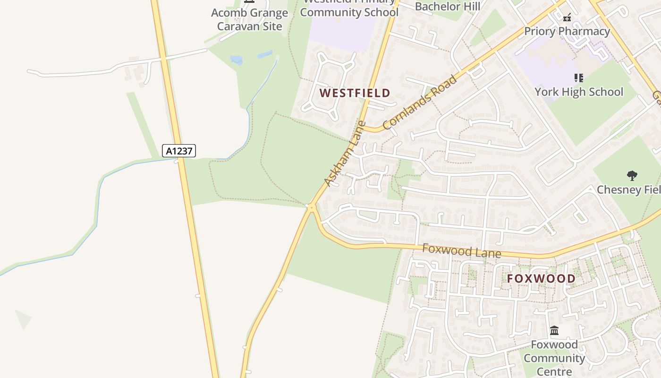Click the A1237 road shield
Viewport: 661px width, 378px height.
point(179,151)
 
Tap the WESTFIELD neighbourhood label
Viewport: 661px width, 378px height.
point(355,93)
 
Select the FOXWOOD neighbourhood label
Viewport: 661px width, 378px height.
point(541,279)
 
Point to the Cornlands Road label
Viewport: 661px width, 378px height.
point(420,103)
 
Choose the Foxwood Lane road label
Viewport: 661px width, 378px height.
point(461,250)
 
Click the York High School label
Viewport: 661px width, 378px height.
point(579,92)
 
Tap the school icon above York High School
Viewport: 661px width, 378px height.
point(579,77)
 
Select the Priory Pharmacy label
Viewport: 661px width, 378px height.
point(567,32)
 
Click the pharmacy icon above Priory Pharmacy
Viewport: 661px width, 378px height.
point(567,17)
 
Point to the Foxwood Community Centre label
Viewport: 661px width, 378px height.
point(554,358)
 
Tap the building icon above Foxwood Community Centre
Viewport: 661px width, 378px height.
point(554,330)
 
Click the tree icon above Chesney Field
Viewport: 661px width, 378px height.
point(632,176)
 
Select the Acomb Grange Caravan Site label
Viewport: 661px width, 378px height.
point(249,19)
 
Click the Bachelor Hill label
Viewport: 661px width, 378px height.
point(447,6)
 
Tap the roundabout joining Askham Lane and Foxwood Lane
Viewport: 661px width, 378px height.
point(311,207)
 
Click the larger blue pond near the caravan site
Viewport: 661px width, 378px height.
point(236,60)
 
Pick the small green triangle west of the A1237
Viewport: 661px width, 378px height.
point(22,319)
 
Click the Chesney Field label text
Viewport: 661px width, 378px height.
point(628,190)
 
